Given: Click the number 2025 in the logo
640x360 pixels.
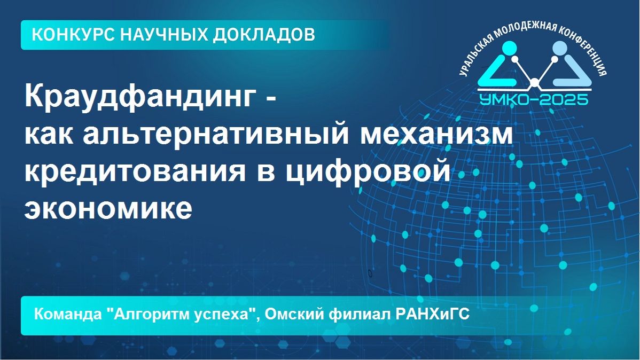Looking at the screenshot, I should point(564,98).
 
